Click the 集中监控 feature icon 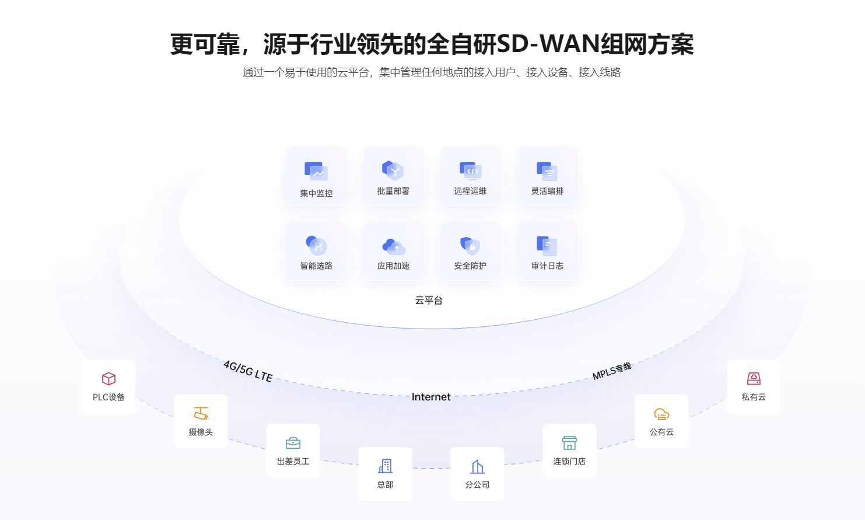pos(316,172)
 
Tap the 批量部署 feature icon pos(393,170)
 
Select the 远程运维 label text pos(470,191)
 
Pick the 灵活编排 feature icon pos(547,171)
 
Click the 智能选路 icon pos(316,245)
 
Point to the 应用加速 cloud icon pos(393,246)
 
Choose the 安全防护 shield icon pos(470,246)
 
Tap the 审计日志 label pos(547,266)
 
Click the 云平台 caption pos(429,300)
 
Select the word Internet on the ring pos(431,397)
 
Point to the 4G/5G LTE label pos(248,371)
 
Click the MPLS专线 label pos(612,371)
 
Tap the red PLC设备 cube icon pos(108,379)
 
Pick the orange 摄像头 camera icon pos(201,414)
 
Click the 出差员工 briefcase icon pos(293,443)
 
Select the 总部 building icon pos(385,466)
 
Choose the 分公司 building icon pos(477,466)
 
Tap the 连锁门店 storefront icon pos(569,443)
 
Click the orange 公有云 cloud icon pos(661,414)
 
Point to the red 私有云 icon pos(754,379)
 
